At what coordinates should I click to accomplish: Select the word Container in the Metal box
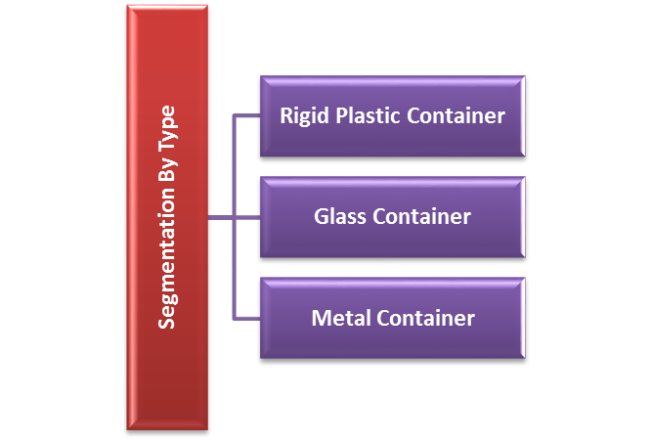point(421,318)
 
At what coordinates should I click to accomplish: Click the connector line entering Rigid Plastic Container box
point(246,115)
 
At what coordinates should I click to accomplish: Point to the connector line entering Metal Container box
point(246,318)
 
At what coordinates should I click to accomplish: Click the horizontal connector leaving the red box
point(220,217)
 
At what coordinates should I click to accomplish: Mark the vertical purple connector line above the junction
point(234,166)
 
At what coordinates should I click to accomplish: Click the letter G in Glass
point(321,216)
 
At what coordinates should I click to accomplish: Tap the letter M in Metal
point(320,318)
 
